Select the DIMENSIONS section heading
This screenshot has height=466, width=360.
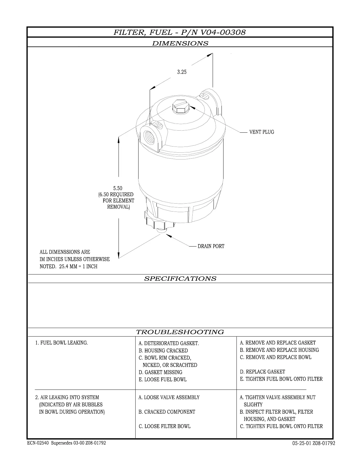180,43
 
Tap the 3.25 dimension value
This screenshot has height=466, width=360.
181,72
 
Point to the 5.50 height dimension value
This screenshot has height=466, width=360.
118,188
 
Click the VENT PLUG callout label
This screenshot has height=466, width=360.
261,132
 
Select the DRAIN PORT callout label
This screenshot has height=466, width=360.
211,246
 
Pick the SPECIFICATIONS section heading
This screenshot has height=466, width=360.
180,279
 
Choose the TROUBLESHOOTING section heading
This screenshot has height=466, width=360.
180,332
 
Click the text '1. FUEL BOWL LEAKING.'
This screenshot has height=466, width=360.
61,343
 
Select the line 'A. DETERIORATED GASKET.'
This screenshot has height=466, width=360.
169,343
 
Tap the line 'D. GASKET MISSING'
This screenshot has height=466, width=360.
160,372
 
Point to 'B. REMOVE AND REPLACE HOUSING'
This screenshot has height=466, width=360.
279,350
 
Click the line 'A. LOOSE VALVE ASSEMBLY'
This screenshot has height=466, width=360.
169,397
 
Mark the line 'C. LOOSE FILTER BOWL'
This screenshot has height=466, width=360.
164,426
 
